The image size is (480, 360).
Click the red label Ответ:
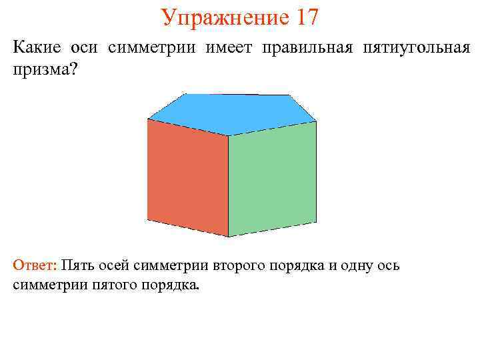35,265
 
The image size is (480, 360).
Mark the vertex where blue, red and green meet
229,136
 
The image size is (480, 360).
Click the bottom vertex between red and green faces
229,237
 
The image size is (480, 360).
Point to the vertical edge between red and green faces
229,187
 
